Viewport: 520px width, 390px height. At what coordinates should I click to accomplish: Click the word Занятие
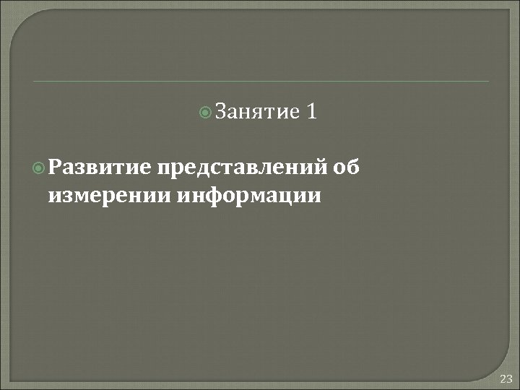click(257, 112)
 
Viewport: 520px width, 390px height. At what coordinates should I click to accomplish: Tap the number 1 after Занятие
click(312, 112)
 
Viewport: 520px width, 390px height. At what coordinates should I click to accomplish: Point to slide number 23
click(505, 378)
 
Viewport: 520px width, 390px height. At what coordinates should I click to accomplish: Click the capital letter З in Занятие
click(221, 112)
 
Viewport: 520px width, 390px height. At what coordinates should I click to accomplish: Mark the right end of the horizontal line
click(488, 82)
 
